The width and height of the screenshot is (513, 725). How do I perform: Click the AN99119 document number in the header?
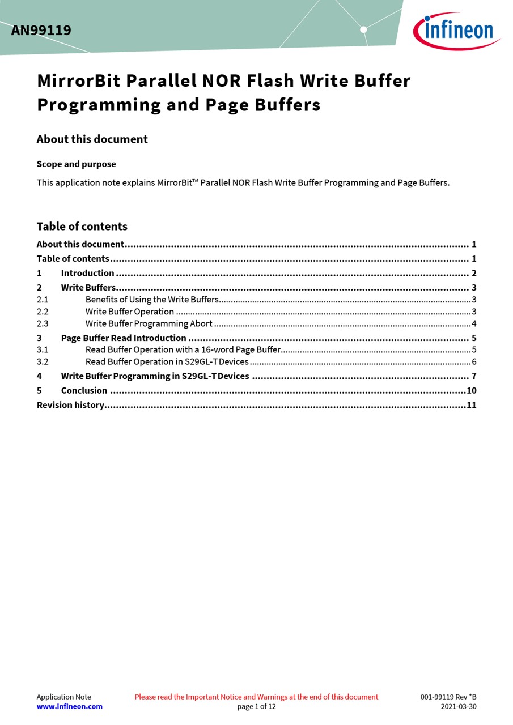pyautogui.click(x=41, y=31)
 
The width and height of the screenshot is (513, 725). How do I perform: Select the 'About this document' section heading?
pyautogui.click(x=92, y=139)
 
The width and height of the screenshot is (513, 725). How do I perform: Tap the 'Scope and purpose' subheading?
pyautogui.click(x=76, y=164)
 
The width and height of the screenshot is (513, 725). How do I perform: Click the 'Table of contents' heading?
pyautogui.click(x=82, y=227)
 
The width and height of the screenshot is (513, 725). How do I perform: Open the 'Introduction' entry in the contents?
pyautogui.click(x=87, y=273)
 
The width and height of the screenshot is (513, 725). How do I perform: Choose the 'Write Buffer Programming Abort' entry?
pyautogui.click(x=149, y=324)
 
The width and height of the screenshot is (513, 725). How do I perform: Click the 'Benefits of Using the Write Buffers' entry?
pyautogui.click(x=152, y=300)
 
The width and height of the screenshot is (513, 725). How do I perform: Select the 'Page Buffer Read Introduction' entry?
pyautogui.click(x=124, y=338)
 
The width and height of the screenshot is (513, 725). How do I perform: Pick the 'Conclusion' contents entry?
pyautogui.click(x=84, y=390)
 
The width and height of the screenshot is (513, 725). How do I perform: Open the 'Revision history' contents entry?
pyautogui.click(x=70, y=405)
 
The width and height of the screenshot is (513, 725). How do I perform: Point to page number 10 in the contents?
pyautogui.click(x=471, y=390)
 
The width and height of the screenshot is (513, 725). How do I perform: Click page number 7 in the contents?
pyautogui.click(x=474, y=376)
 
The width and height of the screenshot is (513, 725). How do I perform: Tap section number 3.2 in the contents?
pyautogui.click(x=43, y=361)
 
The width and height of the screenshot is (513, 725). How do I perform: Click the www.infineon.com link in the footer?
pyautogui.click(x=69, y=706)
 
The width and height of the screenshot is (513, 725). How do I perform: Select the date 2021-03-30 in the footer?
pyautogui.click(x=459, y=706)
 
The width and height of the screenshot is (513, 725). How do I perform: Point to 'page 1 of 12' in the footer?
pyautogui.click(x=256, y=706)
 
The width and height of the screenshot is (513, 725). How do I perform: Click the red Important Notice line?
pyautogui.click(x=256, y=697)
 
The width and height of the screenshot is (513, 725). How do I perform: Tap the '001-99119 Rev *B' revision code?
pyautogui.click(x=448, y=697)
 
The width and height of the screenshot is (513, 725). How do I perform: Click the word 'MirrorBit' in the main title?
pyautogui.click(x=79, y=81)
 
